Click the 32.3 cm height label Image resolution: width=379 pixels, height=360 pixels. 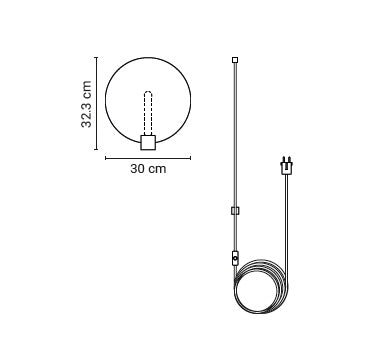pos(86,104)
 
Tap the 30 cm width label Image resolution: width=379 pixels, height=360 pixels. pos(148,169)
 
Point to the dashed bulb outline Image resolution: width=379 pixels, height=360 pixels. pos(148,113)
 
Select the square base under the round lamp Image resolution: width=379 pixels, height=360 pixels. pos(148,142)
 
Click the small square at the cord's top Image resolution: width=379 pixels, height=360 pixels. pos(235,60)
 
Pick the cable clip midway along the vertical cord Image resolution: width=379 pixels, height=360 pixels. pos(235,211)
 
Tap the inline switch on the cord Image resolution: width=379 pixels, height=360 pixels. pos(235,258)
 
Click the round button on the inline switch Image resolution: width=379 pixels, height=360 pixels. pos(236,258)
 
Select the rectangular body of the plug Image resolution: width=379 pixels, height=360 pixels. pos(287,168)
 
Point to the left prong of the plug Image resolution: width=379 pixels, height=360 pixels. pos(284,159)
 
